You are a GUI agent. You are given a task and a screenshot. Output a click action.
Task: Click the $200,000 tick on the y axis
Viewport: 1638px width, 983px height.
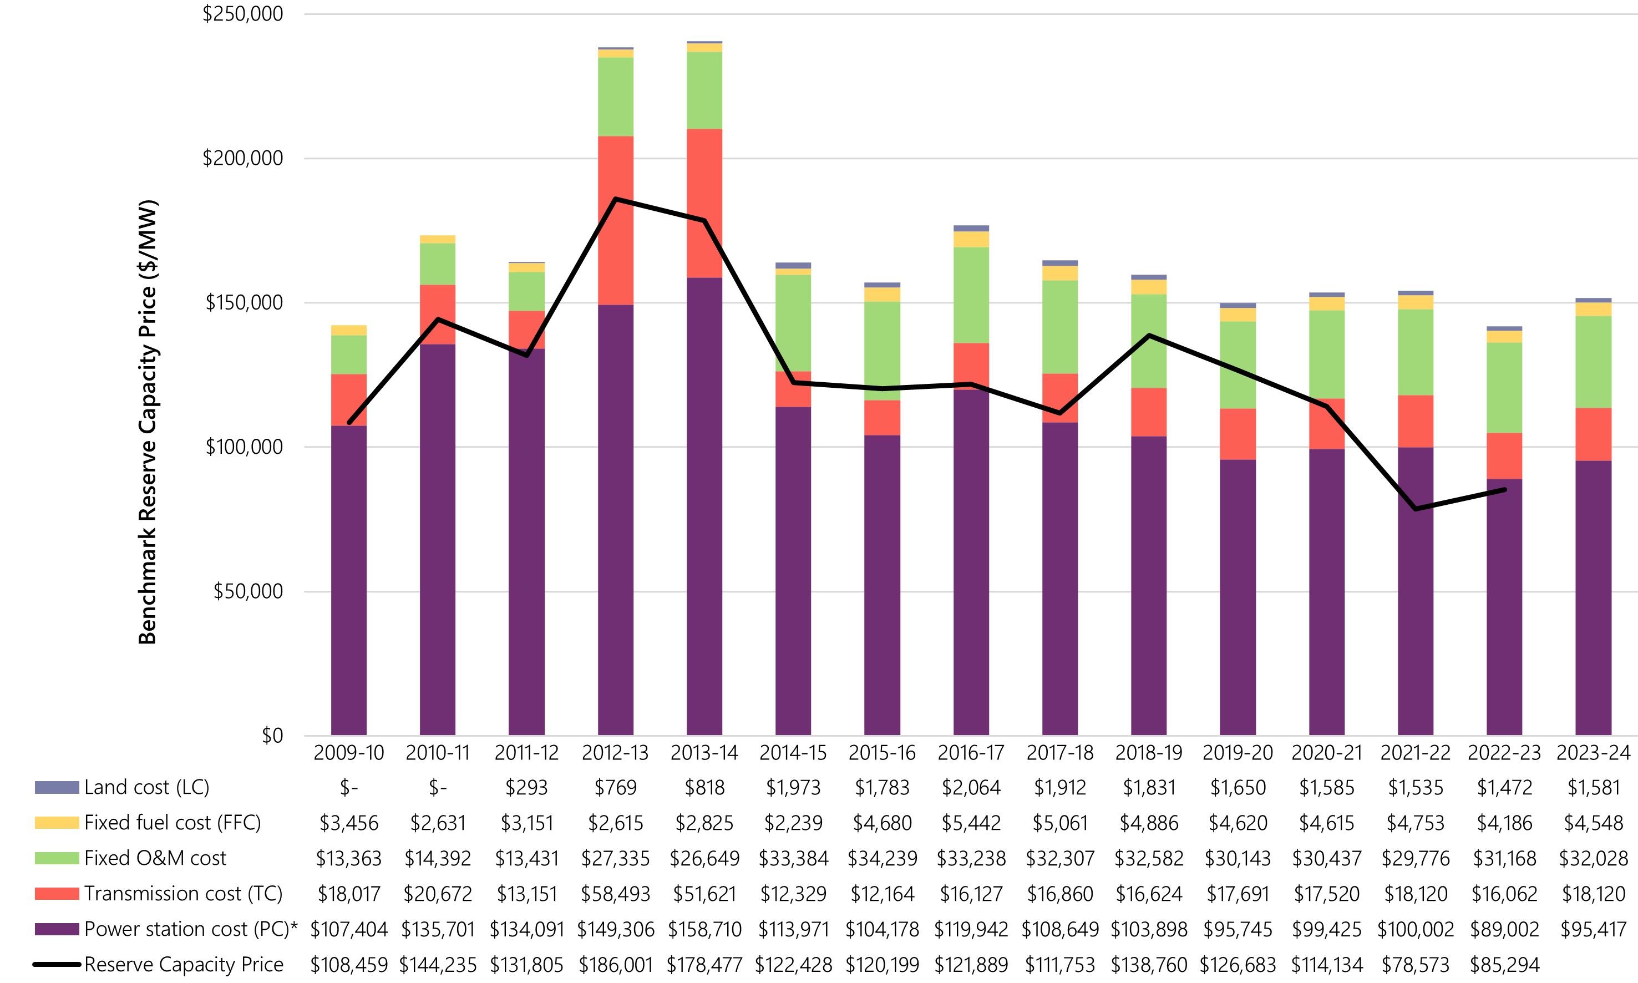coord(242,158)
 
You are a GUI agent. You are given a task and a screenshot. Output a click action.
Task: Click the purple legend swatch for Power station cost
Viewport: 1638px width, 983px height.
coord(57,929)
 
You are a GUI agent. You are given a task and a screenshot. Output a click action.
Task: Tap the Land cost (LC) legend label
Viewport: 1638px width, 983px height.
coord(146,787)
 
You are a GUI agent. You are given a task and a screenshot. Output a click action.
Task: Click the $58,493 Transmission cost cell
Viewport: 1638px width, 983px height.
coord(615,894)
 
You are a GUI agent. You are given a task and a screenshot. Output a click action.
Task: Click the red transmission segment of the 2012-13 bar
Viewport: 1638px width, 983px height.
coord(615,221)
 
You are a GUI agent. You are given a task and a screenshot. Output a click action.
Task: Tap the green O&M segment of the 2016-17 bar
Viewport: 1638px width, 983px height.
coord(971,295)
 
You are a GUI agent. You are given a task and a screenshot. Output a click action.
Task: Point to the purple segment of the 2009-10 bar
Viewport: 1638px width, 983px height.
coord(348,580)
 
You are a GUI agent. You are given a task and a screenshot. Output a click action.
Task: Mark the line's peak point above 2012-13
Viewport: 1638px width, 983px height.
coord(615,199)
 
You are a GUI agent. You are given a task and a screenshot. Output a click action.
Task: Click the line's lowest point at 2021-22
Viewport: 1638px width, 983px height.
coord(1416,509)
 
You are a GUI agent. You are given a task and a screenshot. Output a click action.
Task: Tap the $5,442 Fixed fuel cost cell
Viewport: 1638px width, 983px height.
coord(971,823)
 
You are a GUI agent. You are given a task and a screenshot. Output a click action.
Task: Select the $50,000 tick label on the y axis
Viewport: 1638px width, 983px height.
coord(248,591)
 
